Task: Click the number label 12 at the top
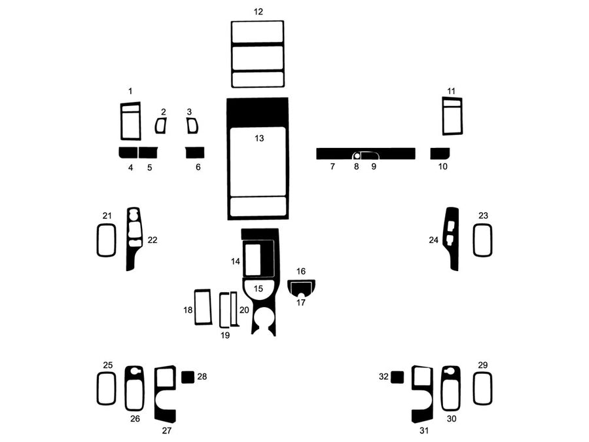click(258, 12)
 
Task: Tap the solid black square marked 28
click(188, 377)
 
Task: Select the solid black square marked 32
click(397, 377)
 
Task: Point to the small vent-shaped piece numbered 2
click(160, 126)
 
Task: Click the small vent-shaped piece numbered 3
click(192, 125)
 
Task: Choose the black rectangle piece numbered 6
click(195, 153)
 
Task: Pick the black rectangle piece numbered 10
click(440, 153)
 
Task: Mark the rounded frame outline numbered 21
click(106, 240)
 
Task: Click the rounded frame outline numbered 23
click(482, 240)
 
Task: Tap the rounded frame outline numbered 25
click(106, 388)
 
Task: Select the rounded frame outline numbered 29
click(482, 388)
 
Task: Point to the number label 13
click(259, 138)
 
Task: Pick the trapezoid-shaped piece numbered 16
click(302, 285)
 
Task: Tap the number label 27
click(166, 431)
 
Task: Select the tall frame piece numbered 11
click(452, 116)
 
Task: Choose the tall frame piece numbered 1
click(130, 121)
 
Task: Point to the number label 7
click(332, 167)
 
